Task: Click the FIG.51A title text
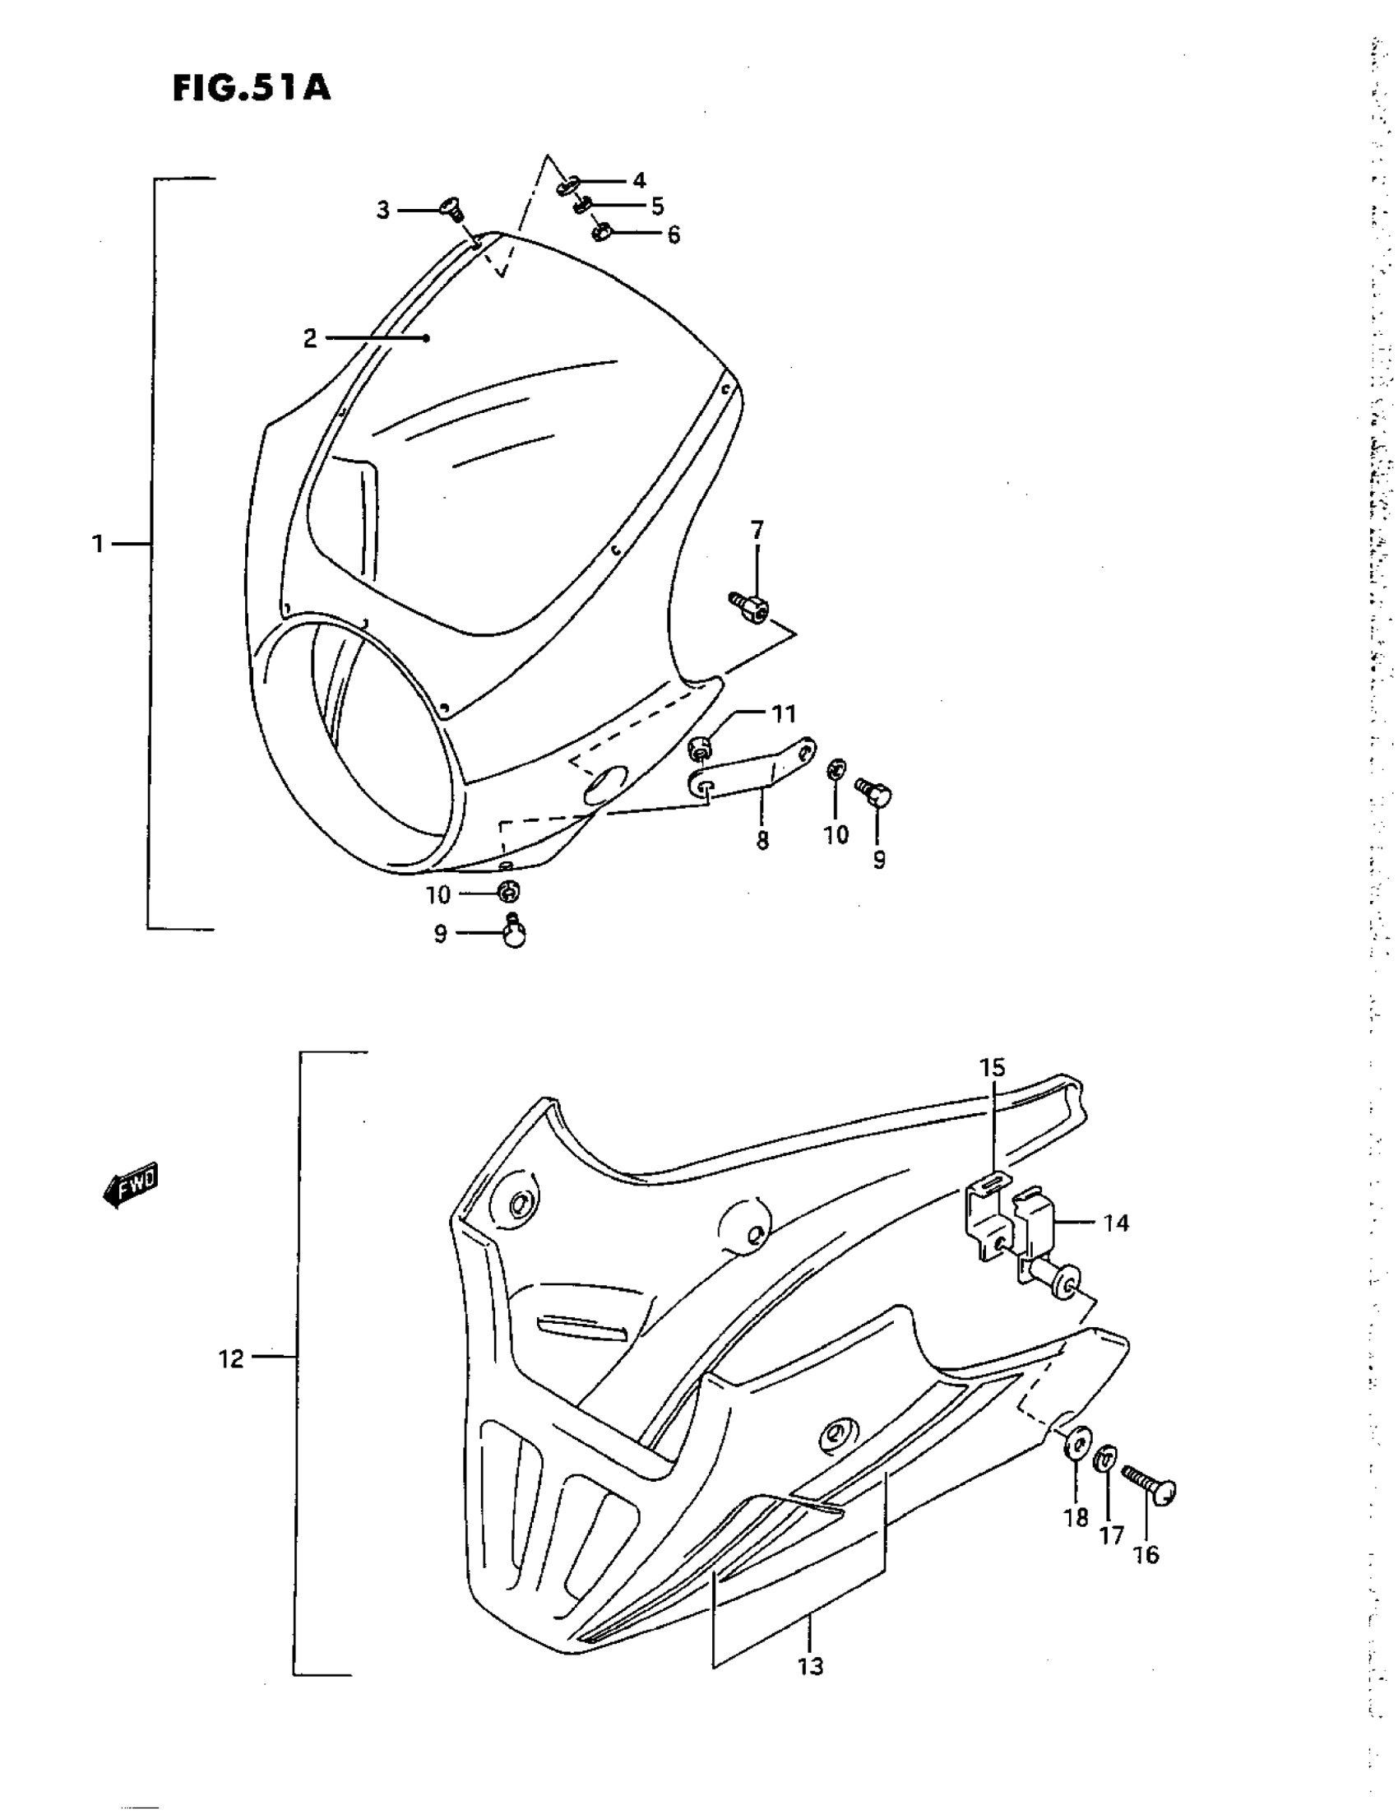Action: (x=252, y=88)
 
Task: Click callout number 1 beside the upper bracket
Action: (x=98, y=545)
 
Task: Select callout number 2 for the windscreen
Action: (x=309, y=338)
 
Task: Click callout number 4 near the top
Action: (x=639, y=180)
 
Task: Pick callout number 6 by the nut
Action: (x=673, y=235)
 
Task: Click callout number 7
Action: (x=757, y=529)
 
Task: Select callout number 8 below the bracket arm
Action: (x=761, y=840)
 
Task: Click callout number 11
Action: (x=784, y=713)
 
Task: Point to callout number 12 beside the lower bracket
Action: (x=232, y=1359)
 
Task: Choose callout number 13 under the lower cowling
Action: (x=811, y=1665)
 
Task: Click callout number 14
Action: (x=1116, y=1223)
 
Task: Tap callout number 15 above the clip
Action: (x=992, y=1068)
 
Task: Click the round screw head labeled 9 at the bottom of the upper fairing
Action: (x=515, y=934)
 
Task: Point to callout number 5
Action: (x=657, y=205)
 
